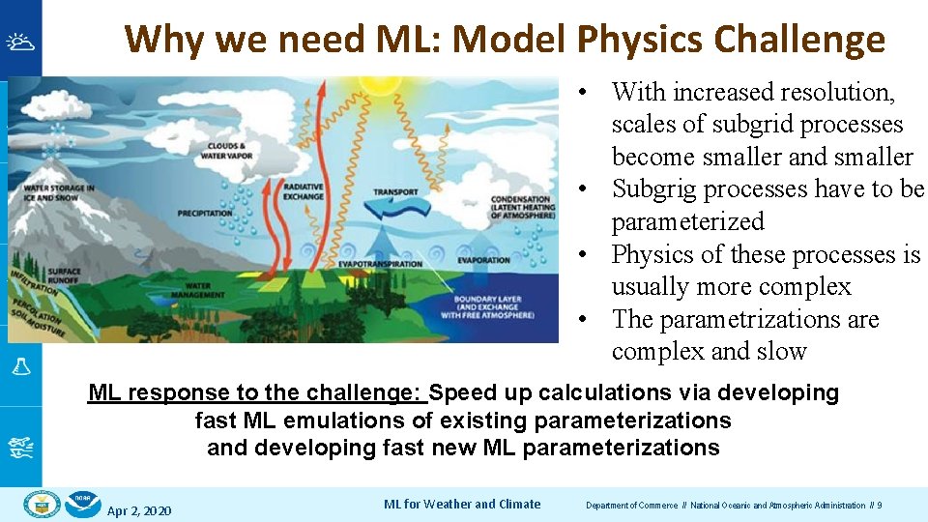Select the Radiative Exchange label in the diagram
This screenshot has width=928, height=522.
click(x=303, y=191)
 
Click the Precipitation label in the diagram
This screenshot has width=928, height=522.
click(x=205, y=213)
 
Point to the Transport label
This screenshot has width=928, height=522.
click(x=395, y=191)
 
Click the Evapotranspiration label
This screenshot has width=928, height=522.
click(x=380, y=263)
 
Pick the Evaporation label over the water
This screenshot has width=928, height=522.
click(x=484, y=260)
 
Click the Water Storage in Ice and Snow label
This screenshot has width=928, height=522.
click(x=59, y=192)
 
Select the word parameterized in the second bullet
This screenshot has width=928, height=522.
click(x=687, y=222)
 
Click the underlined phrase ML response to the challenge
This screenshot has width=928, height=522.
click(x=256, y=393)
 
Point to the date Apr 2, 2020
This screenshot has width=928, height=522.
click(x=139, y=509)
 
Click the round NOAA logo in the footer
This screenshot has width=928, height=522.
click(x=83, y=505)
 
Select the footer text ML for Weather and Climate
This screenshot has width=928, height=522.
click(x=462, y=504)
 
